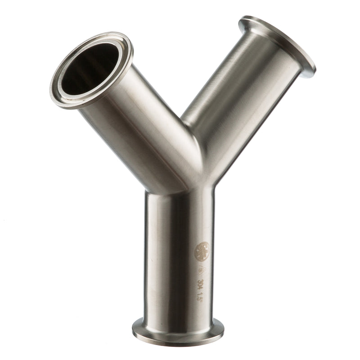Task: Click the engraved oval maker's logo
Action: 201,251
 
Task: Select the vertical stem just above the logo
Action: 180,216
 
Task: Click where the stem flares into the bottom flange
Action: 177,317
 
